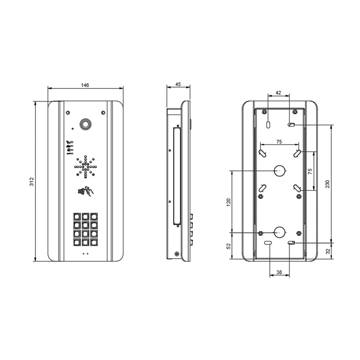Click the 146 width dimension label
coord(85,85)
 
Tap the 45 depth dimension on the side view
coord(178,84)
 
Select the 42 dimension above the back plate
coord(278,93)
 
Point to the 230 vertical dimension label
coord(327,184)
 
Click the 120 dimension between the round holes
coord(228,202)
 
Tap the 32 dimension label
coord(327,251)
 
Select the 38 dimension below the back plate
coord(279,273)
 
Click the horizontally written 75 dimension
coord(279,142)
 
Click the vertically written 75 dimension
coord(310,171)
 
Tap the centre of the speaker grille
coord(85,166)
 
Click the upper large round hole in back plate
coord(279,171)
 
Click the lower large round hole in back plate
coord(279,233)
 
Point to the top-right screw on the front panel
coord(103,113)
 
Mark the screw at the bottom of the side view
coord(176,254)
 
